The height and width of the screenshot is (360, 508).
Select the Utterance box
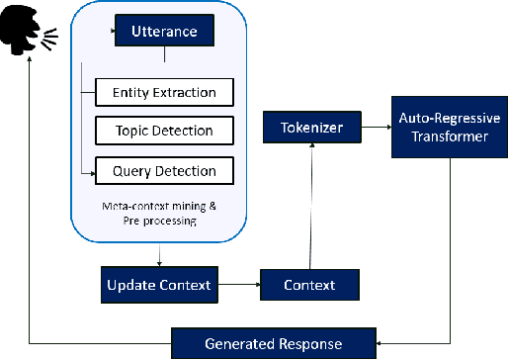click(x=164, y=32)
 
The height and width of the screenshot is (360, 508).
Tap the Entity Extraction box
click(x=164, y=93)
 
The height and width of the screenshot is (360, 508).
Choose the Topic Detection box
click(x=164, y=131)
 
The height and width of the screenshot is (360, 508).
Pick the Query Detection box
click(x=164, y=170)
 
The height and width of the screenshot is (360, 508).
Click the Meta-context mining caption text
click(x=158, y=212)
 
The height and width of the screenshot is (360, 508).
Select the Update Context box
click(x=158, y=285)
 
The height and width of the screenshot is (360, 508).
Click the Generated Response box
click(x=273, y=343)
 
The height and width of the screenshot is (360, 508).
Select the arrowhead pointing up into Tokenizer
click(x=311, y=146)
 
